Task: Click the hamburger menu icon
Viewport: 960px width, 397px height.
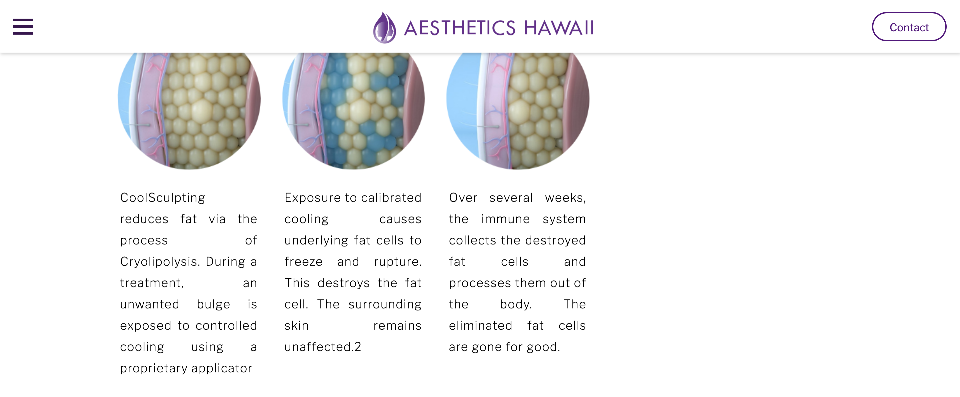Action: point(23,26)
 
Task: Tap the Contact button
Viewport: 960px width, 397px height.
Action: point(909,27)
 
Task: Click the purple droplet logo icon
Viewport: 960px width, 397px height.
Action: point(384,28)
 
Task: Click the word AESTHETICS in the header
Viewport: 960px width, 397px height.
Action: point(460,28)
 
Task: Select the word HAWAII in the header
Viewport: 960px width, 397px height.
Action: point(559,28)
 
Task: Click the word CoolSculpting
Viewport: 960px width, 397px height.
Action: point(162,198)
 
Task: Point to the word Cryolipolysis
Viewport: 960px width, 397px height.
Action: point(160,261)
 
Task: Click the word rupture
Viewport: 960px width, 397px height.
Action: point(398,262)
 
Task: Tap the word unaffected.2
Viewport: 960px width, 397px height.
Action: point(323,347)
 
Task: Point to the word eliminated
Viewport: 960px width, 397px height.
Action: point(480,325)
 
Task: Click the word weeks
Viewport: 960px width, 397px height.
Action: point(565,198)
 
